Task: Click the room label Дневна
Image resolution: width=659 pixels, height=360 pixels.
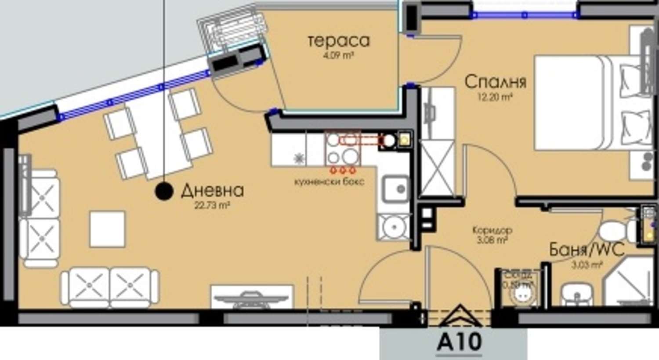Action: coord(212,191)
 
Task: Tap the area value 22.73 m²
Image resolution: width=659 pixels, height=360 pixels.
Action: coord(212,205)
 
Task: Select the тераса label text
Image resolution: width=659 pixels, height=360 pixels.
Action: coord(338,40)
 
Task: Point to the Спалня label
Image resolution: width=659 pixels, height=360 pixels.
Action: coord(495,82)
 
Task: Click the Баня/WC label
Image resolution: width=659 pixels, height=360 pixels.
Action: coord(587,250)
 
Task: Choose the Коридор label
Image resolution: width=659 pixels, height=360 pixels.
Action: coord(492,230)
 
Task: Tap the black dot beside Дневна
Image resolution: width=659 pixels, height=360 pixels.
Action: coord(164,191)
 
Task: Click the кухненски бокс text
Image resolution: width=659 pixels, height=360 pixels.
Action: coord(329,182)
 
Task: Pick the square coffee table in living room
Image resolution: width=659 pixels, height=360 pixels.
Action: coord(107,229)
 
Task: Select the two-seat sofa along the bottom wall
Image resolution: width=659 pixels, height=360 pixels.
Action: coord(109,287)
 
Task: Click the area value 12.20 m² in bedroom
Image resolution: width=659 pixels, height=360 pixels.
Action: coord(495,98)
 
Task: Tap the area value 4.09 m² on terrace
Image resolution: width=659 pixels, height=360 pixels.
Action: coord(338,56)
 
